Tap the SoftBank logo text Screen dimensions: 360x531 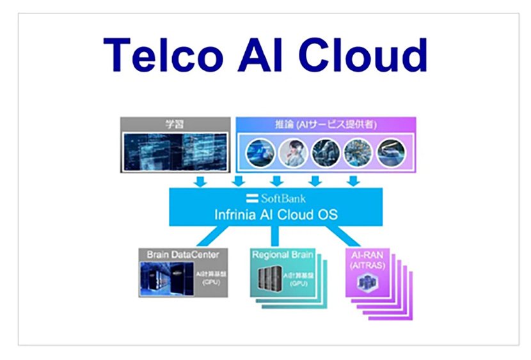(x=275, y=198)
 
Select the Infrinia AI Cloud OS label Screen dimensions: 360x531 (x=276, y=214)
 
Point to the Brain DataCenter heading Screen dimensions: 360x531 (x=184, y=254)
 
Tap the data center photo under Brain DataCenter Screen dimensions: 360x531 (x=165, y=279)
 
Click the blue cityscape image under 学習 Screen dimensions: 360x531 (x=175, y=152)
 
